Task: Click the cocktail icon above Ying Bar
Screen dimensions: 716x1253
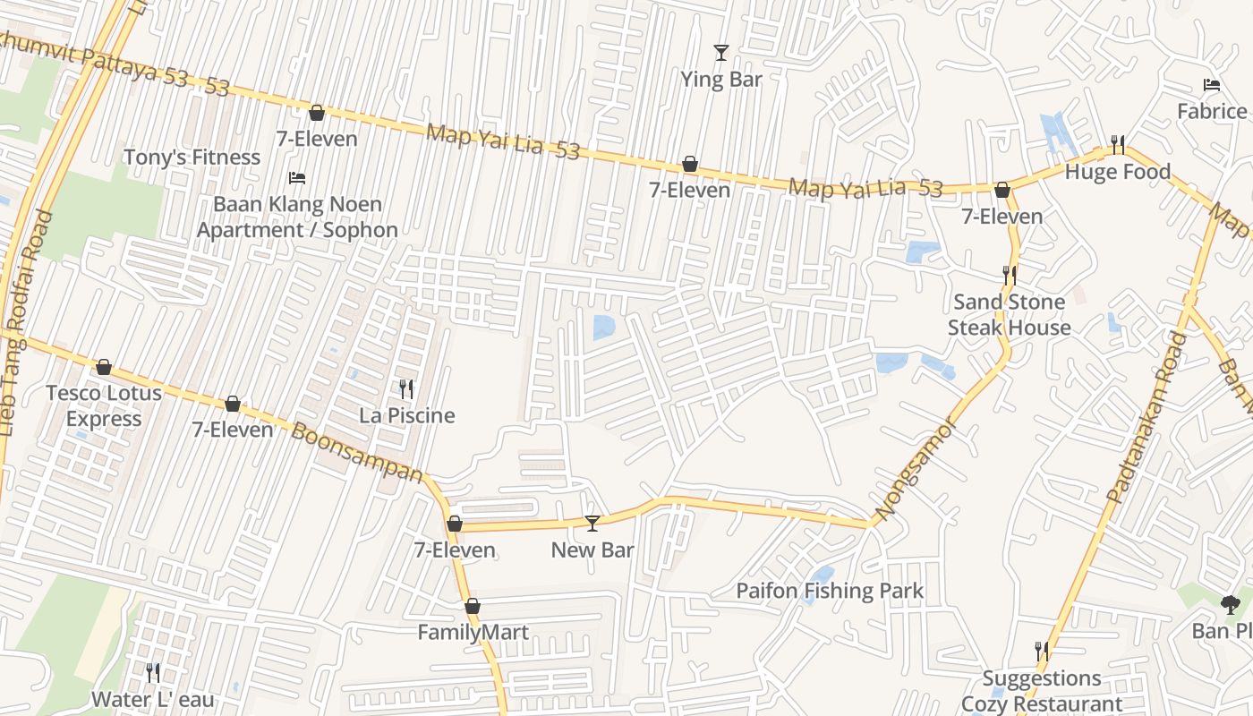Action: pyautogui.click(x=720, y=53)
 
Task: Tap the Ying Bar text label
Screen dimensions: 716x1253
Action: pyautogui.click(x=721, y=80)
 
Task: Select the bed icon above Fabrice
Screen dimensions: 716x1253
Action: pyautogui.click(x=1212, y=85)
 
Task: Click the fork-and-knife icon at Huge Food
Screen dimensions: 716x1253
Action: pyautogui.click(x=1117, y=143)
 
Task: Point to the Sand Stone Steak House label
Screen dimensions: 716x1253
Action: pyautogui.click(x=1009, y=315)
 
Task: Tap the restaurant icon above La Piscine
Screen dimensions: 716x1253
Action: pyautogui.click(x=406, y=388)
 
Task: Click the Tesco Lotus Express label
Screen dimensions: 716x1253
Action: pyautogui.click(x=104, y=405)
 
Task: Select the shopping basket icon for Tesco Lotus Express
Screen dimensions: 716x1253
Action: pyautogui.click(x=104, y=367)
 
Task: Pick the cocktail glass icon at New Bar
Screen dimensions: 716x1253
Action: pyautogui.click(x=592, y=524)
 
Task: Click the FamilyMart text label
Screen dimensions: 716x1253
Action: pyautogui.click(x=473, y=633)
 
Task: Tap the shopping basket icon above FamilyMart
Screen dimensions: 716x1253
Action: pyautogui.click(x=473, y=606)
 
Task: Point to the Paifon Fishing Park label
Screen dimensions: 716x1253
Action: pyautogui.click(x=830, y=591)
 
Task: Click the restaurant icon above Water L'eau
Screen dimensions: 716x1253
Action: pyautogui.click(x=153, y=672)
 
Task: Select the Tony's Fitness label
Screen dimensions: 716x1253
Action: pyautogui.click(x=192, y=158)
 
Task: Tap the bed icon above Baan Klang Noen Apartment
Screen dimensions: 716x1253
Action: pyautogui.click(x=297, y=178)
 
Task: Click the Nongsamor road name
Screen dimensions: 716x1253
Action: pyautogui.click(x=915, y=470)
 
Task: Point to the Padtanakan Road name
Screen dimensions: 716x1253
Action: pyautogui.click(x=1146, y=417)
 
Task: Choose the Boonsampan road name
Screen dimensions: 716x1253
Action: pyautogui.click(x=357, y=453)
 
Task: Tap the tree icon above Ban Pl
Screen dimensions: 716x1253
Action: pyautogui.click(x=1232, y=605)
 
